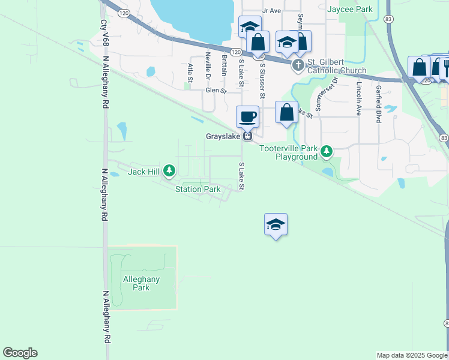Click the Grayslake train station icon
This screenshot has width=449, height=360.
(x=247, y=136)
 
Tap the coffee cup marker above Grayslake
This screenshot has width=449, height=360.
(x=247, y=116)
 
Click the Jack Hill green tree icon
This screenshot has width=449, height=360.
(x=169, y=172)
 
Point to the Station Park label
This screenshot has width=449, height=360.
(x=197, y=190)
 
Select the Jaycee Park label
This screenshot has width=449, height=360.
(x=351, y=9)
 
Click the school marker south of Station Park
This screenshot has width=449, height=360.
(x=276, y=225)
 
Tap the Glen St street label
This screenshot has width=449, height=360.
(x=215, y=91)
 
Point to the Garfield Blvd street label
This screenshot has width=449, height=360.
(x=378, y=104)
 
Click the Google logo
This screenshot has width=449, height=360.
(x=20, y=353)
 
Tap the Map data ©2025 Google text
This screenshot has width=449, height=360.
(x=412, y=355)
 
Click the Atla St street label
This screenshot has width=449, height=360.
(x=190, y=73)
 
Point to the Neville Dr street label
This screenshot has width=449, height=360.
(x=208, y=66)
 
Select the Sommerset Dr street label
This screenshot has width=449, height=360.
(x=319, y=94)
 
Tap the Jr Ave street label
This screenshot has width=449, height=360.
(x=271, y=11)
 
